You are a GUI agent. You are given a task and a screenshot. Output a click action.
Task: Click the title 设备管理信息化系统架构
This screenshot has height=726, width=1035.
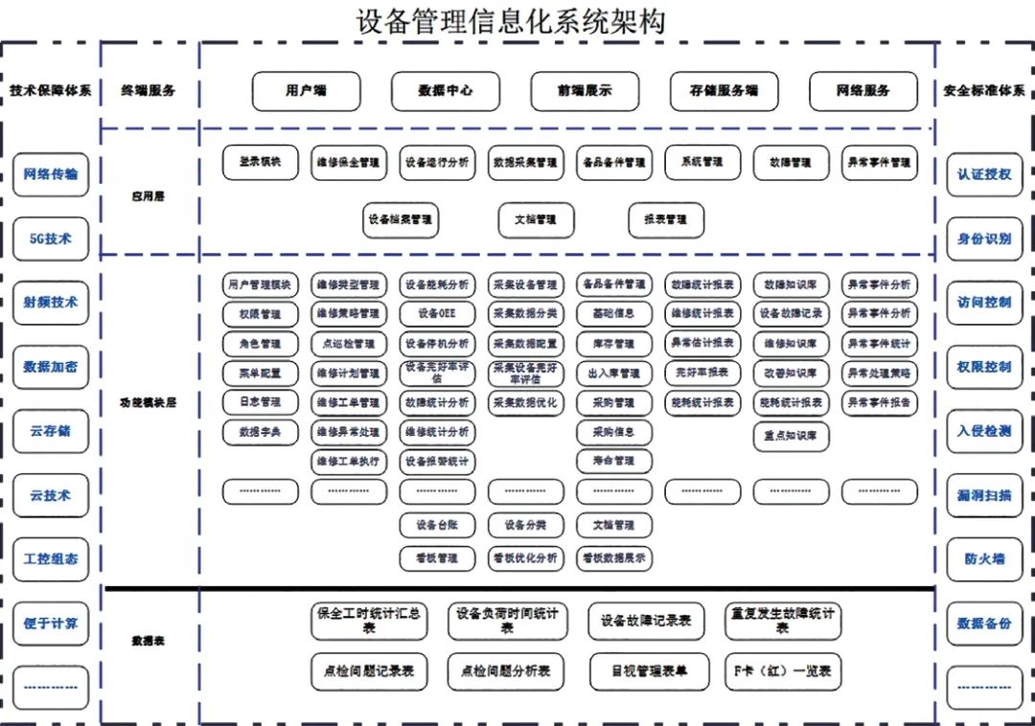(x=510, y=20)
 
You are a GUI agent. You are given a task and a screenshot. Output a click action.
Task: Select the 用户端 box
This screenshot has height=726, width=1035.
(x=306, y=91)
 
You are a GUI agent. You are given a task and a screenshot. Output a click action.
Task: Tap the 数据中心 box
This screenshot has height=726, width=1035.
(x=445, y=91)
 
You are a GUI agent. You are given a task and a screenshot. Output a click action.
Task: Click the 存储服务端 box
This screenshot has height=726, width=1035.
(x=724, y=91)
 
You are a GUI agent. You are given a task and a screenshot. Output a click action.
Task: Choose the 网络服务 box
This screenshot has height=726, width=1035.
(x=862, y=91)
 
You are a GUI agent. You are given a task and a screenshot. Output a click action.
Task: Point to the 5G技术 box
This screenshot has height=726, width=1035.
(x=51, y=238)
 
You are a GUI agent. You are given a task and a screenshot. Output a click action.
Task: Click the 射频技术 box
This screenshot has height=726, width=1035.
(x=51, y=303)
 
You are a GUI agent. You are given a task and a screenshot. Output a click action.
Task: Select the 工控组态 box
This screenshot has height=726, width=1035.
(x=51, y=559)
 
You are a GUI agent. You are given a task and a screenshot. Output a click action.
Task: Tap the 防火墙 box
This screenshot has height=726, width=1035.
(x=984, y=559)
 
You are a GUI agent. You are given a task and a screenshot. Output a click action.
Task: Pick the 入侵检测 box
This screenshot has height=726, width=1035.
(x=984, y=431)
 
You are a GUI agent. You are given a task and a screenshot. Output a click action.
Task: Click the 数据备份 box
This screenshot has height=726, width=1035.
(x=984, y=624)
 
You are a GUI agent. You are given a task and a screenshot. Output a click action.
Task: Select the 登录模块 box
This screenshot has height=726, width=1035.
(x=260, y=162)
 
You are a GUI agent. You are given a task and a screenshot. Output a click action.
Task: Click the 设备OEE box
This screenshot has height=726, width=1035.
(x=437, y=313)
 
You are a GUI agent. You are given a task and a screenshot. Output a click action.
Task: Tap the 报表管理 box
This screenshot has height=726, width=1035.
(x=666, y=219)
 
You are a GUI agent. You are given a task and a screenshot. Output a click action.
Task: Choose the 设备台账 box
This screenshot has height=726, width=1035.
(x=437, y=525)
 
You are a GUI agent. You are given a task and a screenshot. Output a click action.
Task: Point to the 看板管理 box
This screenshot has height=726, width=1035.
(x=437, y=557)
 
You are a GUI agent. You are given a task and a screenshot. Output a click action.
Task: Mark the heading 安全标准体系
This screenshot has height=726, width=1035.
(x=984, y=91)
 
